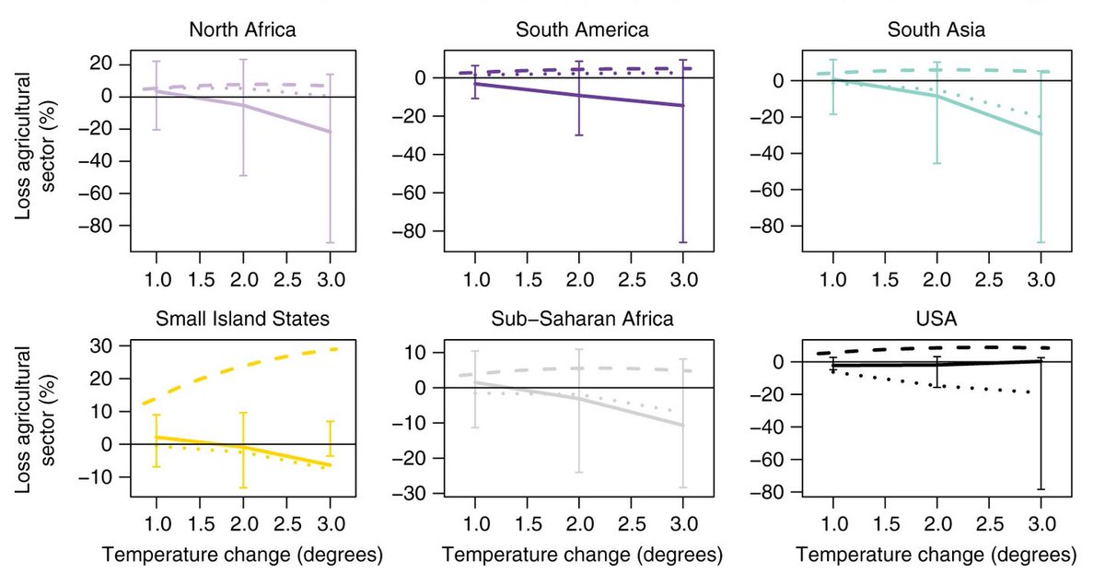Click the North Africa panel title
pos(243,29)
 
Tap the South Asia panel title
pos(936,29)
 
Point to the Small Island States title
pos(243,320)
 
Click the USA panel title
pos(936,320)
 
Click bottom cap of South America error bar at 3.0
pos(682,242)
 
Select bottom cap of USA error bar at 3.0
pos(1041,489)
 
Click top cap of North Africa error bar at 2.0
pos(243,60)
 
